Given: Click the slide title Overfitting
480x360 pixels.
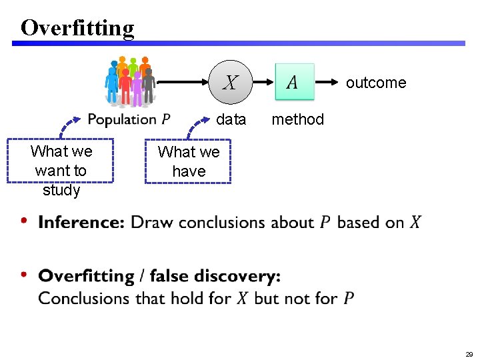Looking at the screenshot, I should coord(77,27).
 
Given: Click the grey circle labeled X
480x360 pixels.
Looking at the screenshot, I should coord(231,83).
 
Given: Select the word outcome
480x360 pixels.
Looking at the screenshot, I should coord(376,83).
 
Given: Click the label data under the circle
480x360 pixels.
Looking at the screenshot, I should coord(231,119).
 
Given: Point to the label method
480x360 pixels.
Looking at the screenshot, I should coord(297,119).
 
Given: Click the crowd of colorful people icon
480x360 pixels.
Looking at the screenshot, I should coord(130,81).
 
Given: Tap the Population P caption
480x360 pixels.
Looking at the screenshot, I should coord(129,120).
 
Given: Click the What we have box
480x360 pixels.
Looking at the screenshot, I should coord(189,161).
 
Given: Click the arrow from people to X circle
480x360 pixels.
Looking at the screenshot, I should coord(183,83).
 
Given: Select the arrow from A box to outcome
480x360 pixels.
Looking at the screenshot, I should coord(327,82).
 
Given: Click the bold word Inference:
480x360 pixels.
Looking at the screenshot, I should coord(81,223).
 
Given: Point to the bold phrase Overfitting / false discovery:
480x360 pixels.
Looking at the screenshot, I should coord(159,276).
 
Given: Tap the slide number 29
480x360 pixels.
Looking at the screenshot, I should coord(469,354).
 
